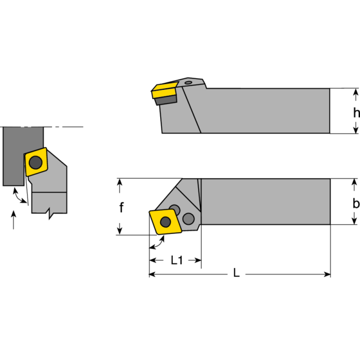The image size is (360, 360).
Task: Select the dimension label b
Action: [x=356, y=202]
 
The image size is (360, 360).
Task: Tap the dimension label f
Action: [x=121, y=207]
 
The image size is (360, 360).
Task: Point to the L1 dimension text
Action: [x=176, y=260]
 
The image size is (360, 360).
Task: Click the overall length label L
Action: [x=236, y=274]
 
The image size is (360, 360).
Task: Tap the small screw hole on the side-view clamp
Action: [x=189, y=82]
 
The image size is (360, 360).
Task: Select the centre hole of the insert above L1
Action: [x=166, y=221]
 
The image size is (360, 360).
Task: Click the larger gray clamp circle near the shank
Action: [x=189, y=218]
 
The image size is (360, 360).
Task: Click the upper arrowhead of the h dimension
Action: [x=356, y=93]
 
